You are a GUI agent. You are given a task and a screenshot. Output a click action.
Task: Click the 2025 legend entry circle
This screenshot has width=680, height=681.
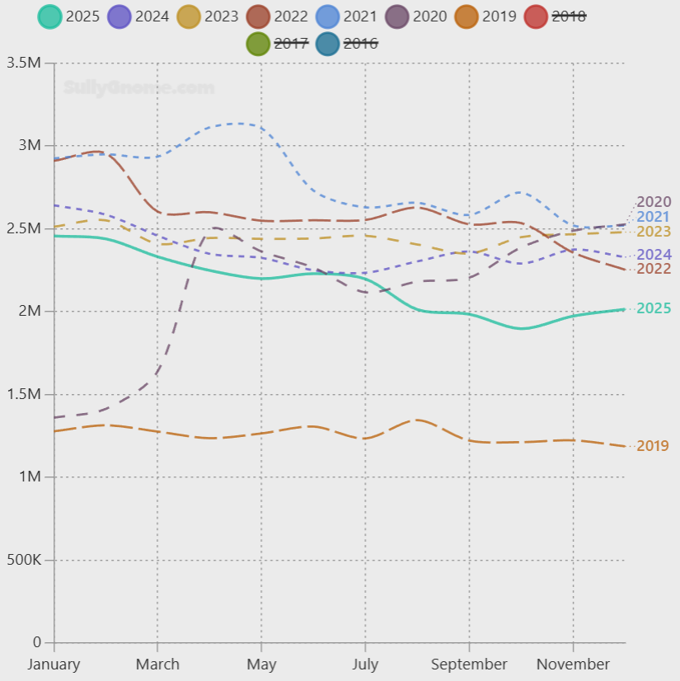coord(50,16)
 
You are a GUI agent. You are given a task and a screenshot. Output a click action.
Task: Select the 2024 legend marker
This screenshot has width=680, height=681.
coord(120,16)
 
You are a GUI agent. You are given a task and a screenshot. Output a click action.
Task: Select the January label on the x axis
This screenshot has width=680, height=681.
coord(54,665)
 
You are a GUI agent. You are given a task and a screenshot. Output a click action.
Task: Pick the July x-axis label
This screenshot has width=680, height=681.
coord(365,665)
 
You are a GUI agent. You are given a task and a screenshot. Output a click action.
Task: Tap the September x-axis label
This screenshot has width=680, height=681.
coord(469,665)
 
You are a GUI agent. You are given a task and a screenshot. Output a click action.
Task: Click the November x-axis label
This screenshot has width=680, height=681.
coord(573,665)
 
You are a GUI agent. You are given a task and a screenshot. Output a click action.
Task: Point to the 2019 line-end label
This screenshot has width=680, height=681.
coord(653,446)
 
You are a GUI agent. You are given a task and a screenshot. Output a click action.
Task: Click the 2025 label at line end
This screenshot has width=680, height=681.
coord(654,308)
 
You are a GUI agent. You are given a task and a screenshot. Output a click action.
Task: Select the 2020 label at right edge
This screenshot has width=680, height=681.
coord(654,202)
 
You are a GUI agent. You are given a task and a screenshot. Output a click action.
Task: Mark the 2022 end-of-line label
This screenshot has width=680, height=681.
coord(654,269)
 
